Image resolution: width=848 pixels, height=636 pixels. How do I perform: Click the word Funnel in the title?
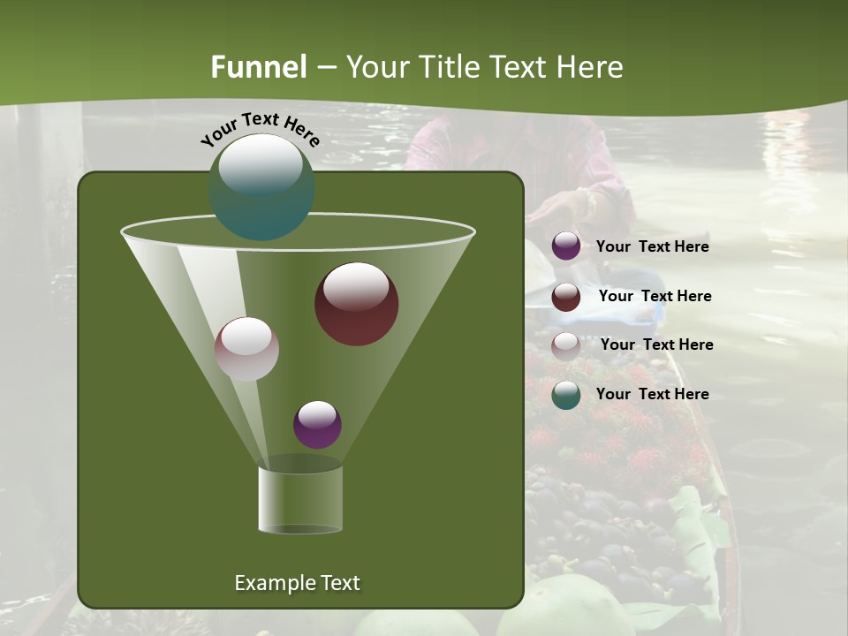tap(258, 67)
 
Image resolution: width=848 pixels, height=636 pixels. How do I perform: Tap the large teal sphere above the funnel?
tap(261, 187)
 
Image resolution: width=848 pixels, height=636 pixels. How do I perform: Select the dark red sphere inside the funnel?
tap(357, 304)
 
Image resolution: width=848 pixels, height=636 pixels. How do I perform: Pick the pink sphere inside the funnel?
tap(247, 349)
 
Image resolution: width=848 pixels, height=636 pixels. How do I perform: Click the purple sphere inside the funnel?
tap(317, 425)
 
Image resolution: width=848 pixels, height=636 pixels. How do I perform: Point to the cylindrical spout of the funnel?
tap(300, 500)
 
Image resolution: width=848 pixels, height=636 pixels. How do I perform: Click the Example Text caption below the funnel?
tap(297, 583)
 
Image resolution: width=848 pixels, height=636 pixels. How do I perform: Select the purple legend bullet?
tap(566, 246)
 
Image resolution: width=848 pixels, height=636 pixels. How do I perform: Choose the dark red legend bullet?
tap(566, 297)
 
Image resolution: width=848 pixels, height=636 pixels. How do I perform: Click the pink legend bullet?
tap(566, 345)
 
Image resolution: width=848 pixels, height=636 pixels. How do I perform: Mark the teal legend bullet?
tap(566, 395)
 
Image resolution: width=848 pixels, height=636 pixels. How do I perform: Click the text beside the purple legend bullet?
tap(652, 247)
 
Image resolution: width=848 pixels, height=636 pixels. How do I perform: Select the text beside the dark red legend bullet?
tap(655, 297)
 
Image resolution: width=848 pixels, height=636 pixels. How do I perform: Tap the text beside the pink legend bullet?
tap(656, 345)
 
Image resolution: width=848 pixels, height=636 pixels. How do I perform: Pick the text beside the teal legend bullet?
tap(652, 395)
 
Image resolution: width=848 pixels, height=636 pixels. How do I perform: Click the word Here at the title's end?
tap(590, 67)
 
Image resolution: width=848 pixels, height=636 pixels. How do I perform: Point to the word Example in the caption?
tap(269, 583)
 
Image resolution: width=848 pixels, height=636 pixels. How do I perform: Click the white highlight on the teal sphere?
tap(261, 164)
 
